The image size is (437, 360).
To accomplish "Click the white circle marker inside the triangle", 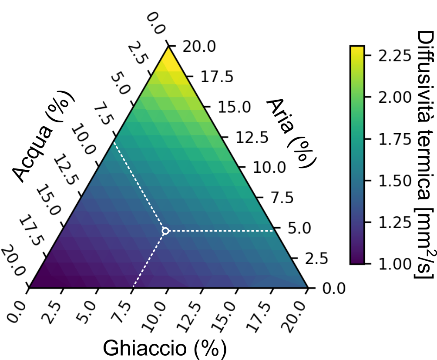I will (165, 231).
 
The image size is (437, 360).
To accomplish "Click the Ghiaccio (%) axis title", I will (165, 348).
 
